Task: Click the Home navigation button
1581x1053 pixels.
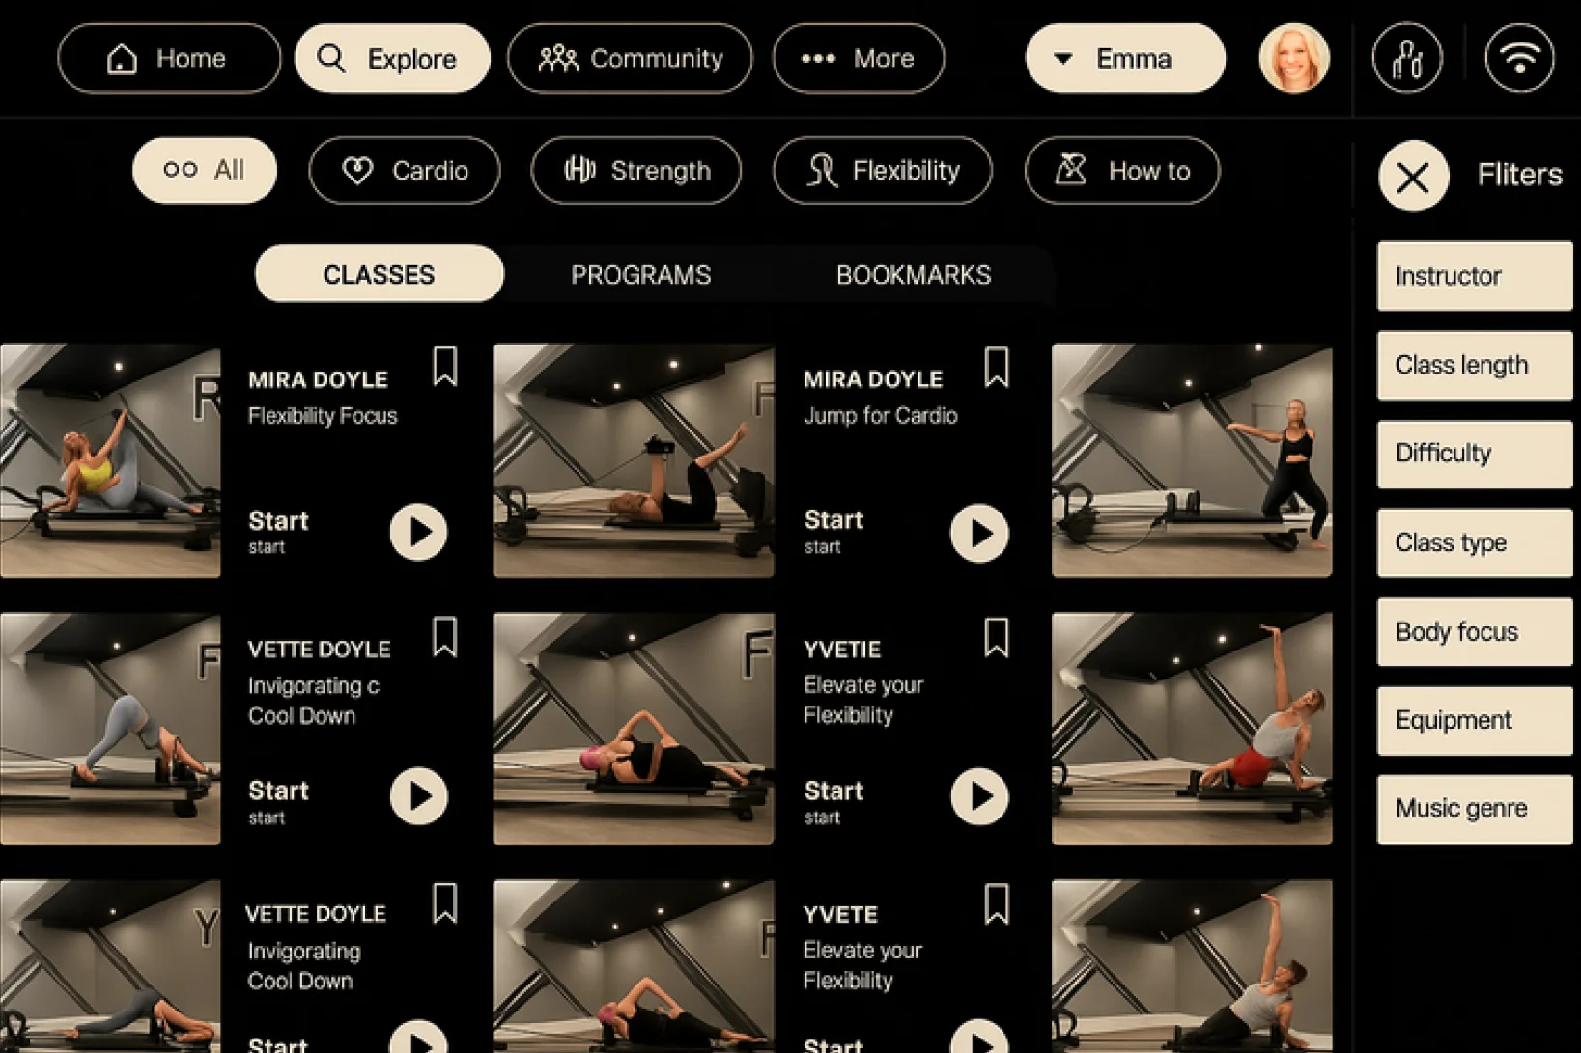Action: pos(169,58)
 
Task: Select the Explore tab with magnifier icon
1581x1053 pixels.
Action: pos(392,58)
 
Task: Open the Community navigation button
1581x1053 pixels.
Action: pos(630,58)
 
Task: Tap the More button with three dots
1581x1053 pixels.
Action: pos(859,58)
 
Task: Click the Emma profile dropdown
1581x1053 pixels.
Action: pos(1125,58)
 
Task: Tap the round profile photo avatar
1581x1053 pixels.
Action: pos(1294,58)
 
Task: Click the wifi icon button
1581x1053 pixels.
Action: pos(1519,58)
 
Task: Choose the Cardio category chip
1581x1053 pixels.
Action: pos(405,170)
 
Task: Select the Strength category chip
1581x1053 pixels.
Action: pos(635,170)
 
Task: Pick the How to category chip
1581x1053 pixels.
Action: pos(1122,170)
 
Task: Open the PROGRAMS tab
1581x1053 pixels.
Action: pos(641,274)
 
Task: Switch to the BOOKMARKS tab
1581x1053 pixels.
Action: pos(914,274)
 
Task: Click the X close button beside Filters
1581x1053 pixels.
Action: pos(1413,176)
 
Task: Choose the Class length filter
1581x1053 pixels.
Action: pos(1475,365)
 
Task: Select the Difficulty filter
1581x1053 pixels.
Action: pos(1475,453)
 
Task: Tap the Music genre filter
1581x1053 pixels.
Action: pos(1475,808)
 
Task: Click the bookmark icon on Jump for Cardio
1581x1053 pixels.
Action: pos(997,367)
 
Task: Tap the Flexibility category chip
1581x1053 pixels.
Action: pos(883,170)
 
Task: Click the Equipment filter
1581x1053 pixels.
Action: pos(1475,720)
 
